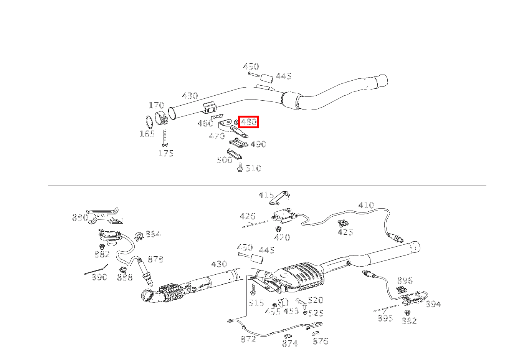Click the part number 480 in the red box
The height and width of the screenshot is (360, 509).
coord(248,122)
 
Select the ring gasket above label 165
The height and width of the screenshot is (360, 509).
coord(149,121)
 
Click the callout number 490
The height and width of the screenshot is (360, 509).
coord(258,144)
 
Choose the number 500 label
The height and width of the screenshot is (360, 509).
coord(225,160)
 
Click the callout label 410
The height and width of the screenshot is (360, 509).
coord(366,205)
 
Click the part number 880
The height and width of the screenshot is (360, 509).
coord(80,218)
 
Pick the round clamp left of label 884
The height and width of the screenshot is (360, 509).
coord(139,236)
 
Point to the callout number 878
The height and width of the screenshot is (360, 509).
coord(155,260)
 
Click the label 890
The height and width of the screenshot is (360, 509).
coord(99,277)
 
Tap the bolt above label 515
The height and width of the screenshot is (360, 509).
coord(253,289)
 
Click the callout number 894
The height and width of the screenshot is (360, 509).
coord(433,304)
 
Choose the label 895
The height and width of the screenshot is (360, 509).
coord(385,318)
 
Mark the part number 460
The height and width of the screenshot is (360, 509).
coord(205,123)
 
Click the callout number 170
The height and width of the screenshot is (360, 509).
coord(156,105)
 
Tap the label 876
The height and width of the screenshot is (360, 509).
coord(321,341)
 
